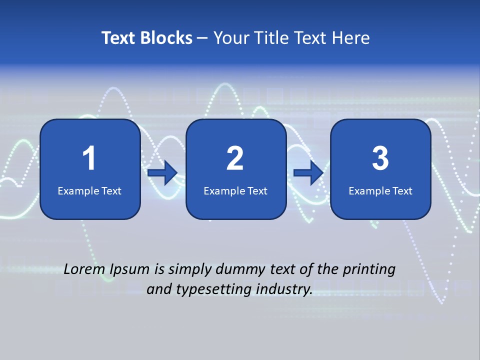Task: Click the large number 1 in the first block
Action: tap(89, 158)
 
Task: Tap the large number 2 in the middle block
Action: tap(235, 158)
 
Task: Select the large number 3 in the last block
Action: tap(380, 158)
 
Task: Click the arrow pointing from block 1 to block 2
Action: tap(163, 173)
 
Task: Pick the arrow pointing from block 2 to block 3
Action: tap(308, 173)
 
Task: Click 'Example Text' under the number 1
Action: tap(89, 190)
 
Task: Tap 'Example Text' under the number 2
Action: tap(235, 190)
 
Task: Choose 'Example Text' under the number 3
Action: tap(380, 190)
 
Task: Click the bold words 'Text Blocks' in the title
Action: tap(147, 38)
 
